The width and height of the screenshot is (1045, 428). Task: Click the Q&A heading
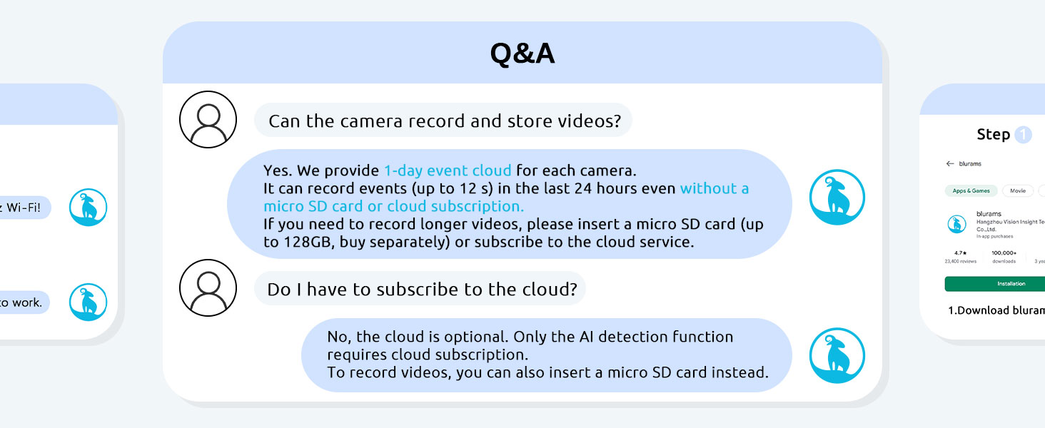pos(522,54)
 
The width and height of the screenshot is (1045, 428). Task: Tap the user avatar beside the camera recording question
pos(207,120)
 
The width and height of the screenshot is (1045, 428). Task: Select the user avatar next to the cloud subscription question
pos(207,287)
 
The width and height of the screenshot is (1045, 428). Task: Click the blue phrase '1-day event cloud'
pos(448,170)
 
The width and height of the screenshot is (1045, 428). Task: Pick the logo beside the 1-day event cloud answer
pos(837,198)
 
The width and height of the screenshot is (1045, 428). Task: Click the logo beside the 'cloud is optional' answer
pos(837,355)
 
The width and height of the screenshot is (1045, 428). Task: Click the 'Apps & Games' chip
pos(971,191)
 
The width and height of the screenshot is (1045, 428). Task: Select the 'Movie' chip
pos(1018,191)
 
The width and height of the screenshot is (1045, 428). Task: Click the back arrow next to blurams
pos(949,163)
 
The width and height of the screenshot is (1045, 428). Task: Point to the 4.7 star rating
pos(959,253)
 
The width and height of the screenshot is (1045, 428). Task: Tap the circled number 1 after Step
pos(1023,135)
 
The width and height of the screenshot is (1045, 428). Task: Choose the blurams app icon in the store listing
pos(956,224)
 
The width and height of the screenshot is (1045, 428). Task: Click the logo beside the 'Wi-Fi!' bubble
pos(88,208)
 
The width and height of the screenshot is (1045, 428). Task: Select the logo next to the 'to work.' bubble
pos(88,302)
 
